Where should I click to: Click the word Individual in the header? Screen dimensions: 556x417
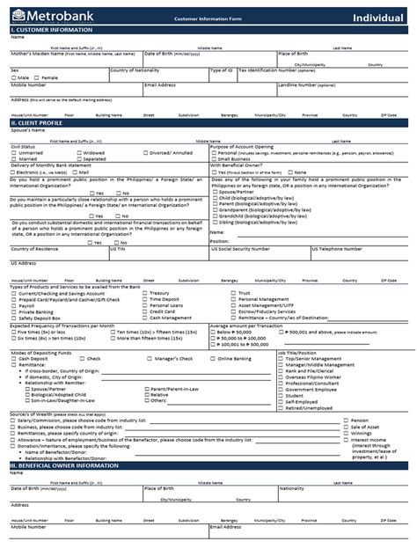point(381,17)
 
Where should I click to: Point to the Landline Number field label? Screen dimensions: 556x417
point(306,85)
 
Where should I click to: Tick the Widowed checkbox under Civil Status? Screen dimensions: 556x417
point(77,152)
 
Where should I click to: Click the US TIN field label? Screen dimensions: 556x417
point(117,249)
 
